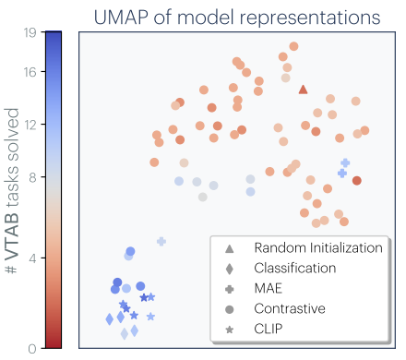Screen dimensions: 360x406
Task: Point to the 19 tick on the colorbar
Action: click(30, 33)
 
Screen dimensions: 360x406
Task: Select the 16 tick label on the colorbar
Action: click(30, 70)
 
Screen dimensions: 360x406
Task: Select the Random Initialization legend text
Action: click(317, 247)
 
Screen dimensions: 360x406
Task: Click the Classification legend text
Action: click(295, 268)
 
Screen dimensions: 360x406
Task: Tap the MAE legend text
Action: click(269, 288)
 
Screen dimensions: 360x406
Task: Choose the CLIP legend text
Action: click(269, 328)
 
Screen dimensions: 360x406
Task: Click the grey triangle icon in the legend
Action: click(229, 247)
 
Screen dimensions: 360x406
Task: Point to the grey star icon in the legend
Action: click(229, 328)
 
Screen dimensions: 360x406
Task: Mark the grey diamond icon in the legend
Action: click(229, 268)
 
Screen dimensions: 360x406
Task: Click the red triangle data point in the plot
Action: click(303, 90)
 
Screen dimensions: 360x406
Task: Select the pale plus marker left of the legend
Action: click(161, 241)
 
